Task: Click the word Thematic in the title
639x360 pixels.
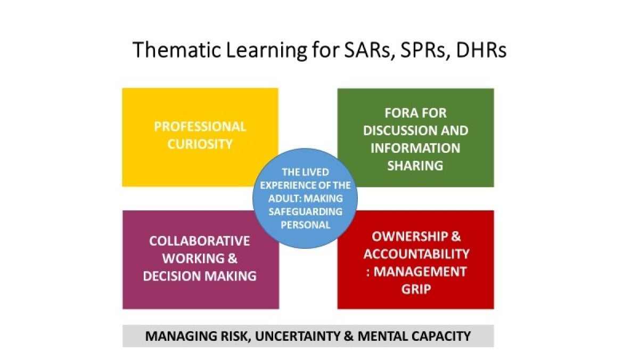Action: (177, 50)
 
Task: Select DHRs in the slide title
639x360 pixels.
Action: (481, 50)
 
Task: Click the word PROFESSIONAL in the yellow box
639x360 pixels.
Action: (200, 127)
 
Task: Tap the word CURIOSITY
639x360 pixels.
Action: (200, 144)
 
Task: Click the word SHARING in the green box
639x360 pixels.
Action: (415, 166)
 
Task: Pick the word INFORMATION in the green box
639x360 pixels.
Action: (415, 148)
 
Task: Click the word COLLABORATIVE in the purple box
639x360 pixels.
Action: (200, 241)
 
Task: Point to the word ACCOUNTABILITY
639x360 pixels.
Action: (416, 254)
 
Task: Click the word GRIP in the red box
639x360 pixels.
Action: (416, 289)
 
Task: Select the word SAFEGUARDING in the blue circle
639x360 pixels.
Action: (306, 211)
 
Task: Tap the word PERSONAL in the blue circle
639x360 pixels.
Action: (306, 225)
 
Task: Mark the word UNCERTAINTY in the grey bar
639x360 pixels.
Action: (298, 336)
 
